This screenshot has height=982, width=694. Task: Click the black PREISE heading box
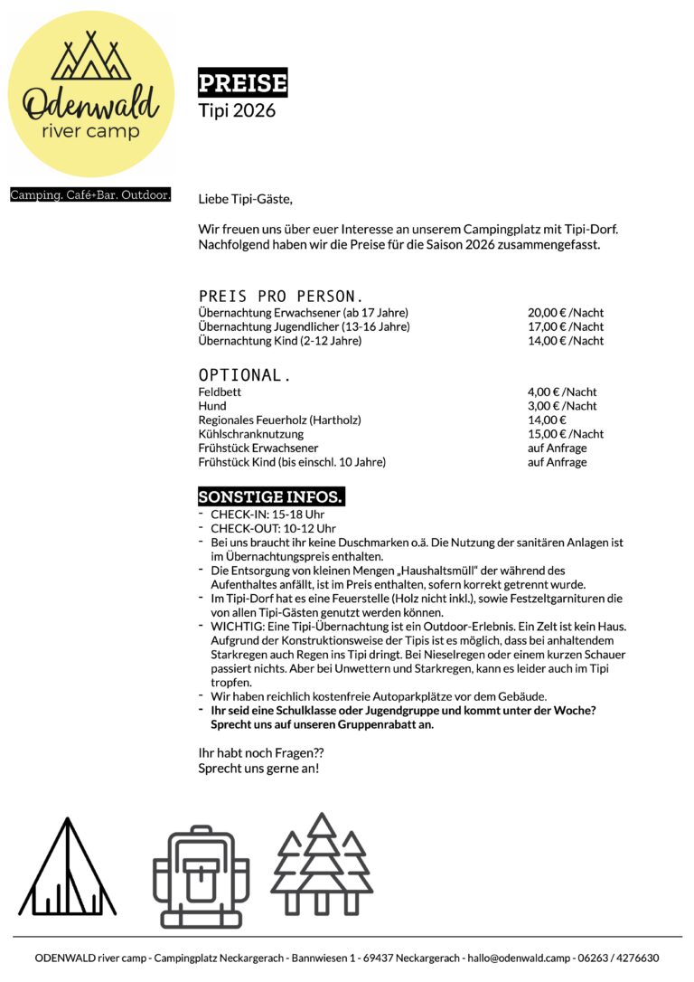242,84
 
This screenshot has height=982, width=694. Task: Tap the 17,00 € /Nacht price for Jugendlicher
566,326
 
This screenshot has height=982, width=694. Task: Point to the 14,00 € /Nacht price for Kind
566,341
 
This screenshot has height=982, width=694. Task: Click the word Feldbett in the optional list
220,392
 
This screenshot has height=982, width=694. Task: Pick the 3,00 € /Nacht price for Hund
562,406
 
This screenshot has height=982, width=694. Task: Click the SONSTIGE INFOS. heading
270,497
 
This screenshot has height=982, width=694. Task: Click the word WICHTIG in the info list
233,626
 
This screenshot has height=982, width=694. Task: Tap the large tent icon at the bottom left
68,868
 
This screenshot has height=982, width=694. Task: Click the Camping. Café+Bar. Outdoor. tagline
90,195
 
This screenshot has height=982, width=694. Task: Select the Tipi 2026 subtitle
237,111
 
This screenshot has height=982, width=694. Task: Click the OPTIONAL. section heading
245,375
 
